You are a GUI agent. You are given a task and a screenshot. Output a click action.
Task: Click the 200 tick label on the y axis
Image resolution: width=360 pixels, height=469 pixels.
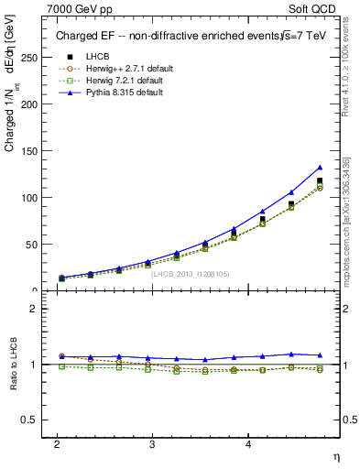[x=30, y=104]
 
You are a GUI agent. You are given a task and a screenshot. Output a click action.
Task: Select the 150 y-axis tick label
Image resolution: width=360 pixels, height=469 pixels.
[x=30, y=150]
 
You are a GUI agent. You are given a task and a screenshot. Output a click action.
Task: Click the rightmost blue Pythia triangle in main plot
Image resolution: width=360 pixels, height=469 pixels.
[x=320, y=168]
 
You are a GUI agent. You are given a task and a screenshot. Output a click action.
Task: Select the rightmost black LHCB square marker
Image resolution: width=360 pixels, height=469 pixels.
[x=320, y=181]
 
